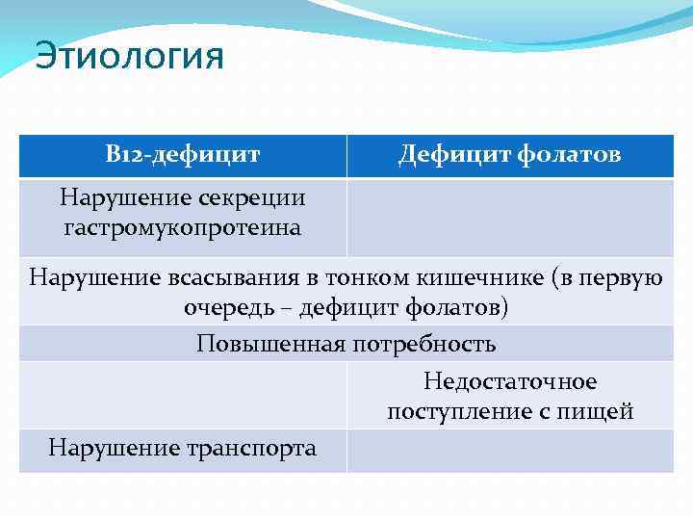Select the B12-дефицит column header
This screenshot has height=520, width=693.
coord(183,154)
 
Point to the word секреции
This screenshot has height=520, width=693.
coord(252,198)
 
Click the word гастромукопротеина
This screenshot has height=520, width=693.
coord(183,228)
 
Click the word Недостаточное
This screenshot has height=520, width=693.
coord(509,382)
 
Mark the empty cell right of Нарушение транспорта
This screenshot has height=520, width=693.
coord(510,450)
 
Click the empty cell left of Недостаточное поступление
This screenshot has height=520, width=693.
coord(183,396)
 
